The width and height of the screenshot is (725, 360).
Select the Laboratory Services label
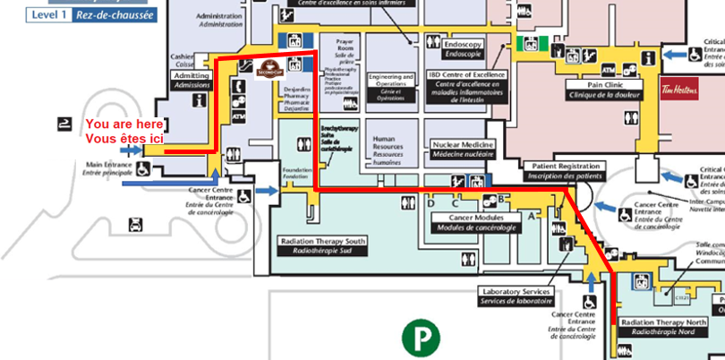coord(518,296)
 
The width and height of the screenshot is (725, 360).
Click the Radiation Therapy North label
coord(663,326)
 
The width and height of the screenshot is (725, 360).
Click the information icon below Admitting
coord(239,88)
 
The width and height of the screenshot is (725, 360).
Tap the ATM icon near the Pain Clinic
coord(609,69)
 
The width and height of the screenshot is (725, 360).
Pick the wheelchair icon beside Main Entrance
coord(142,167)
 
